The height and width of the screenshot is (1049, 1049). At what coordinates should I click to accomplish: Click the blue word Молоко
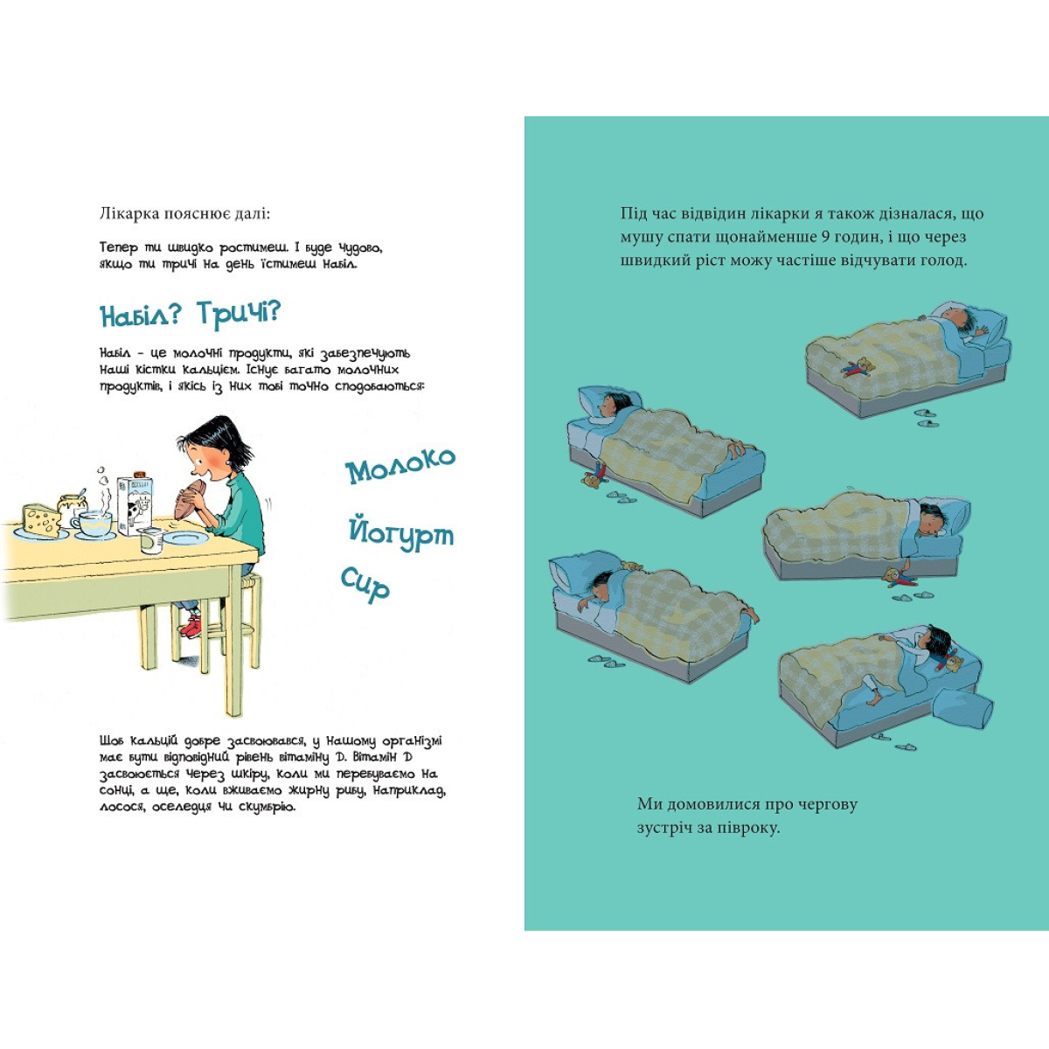(x=400, y=465)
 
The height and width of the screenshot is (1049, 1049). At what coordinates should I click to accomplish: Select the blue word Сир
(x=365, y=585)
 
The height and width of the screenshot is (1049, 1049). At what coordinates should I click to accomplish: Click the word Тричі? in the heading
(x=239, y=314)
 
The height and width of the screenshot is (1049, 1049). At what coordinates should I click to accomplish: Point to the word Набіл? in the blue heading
(x=140, y=316)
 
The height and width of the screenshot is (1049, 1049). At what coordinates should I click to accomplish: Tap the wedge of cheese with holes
(x=41, y=520)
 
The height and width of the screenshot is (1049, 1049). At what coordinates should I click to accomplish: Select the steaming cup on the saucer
(x=94, y=523)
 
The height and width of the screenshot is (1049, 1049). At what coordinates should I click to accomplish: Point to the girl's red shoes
(x=190, y=626)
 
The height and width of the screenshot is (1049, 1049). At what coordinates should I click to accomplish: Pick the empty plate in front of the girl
(x=185, y=538)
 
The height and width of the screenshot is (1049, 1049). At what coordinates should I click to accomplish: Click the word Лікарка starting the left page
(x=129, y=212)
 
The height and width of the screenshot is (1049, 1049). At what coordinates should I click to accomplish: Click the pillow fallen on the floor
(x=962, y=709)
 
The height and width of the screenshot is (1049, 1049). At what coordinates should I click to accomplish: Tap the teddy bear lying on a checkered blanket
(x=858, y=367)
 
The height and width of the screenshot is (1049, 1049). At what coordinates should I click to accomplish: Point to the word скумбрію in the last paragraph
(x=267, y=806)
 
